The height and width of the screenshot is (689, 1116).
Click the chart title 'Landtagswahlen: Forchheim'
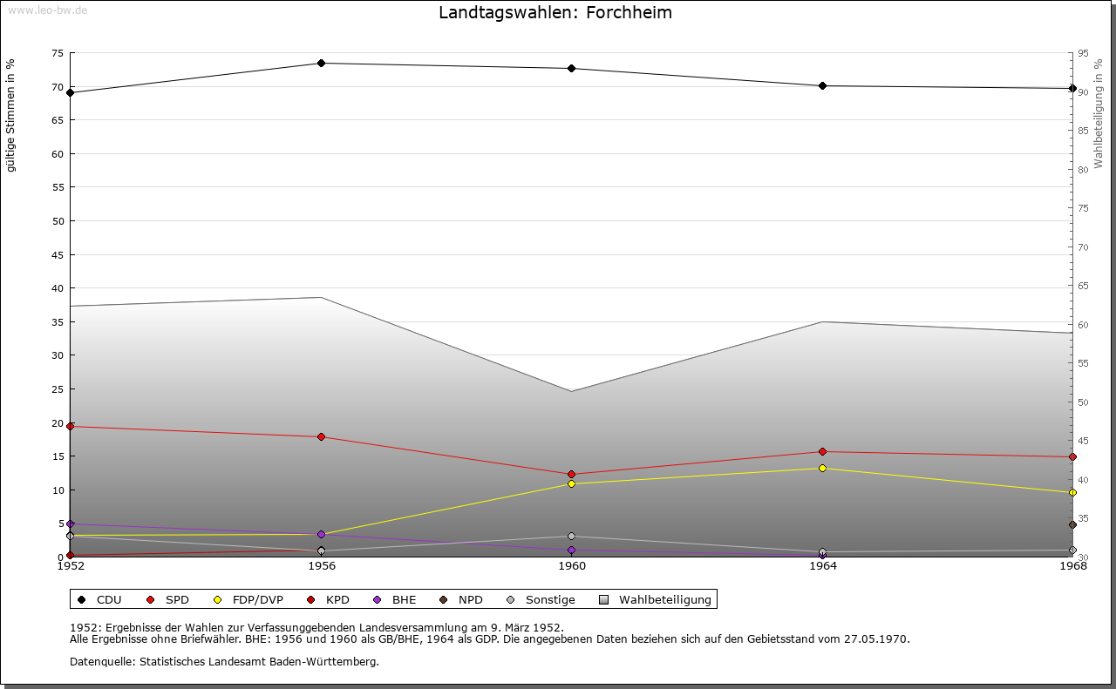click(x=555, y=12)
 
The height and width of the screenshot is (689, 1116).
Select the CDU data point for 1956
click(x=322, y=64)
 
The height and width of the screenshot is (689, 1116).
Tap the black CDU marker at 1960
click(x=571, y=68)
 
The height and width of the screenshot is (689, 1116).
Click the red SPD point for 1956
click(x=322, y=436)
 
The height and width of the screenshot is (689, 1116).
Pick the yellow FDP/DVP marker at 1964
click(x=822, y=468)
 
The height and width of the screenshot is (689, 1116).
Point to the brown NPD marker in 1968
click(x=1072, y=524)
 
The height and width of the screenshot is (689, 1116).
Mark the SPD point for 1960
click(x=571, y=475)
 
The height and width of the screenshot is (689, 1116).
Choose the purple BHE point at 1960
click(x=571, y=551)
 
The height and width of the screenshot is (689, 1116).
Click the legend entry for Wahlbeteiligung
click(x=656, y=599)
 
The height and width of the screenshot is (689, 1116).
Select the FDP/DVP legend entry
click(x=249, y=599)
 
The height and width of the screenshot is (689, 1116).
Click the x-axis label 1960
click(x=572, y=566)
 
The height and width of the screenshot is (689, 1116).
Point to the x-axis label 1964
click(x=823, y=566)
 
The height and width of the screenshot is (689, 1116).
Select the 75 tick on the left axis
click(x=58, y=53)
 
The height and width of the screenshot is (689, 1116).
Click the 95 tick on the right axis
click(x=1084, y=53)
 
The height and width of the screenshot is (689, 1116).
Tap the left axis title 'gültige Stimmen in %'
click(x=10, y=116)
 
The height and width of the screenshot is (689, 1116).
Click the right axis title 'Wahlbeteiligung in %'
click(x=1099, y=114)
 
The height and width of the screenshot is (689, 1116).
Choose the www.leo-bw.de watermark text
click(x=48, y=10)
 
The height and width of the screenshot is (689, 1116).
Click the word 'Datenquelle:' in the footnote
click(x=103, y=662)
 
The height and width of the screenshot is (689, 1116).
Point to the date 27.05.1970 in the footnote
click(x=877, y=638)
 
